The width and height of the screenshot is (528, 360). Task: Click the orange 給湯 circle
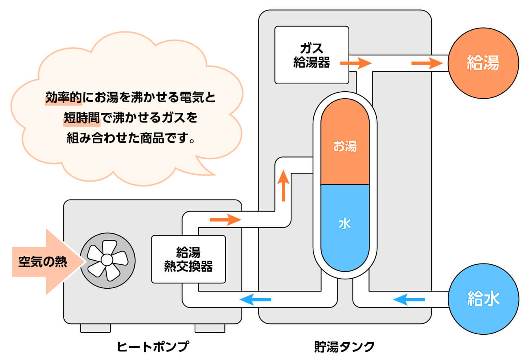(x=483, y=63)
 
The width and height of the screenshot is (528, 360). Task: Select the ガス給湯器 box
(x=312, y=55)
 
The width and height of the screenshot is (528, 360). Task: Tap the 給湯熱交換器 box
(x=188, y=259)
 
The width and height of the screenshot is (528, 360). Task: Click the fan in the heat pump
(x=106, y=259)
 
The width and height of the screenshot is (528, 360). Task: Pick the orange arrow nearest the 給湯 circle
(x=427, y=63)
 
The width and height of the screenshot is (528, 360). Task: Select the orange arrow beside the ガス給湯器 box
(x=356, y=63)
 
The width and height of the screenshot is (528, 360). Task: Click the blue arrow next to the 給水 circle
(x=409, y=300)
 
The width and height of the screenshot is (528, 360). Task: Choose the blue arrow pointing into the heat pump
(x=255, y=300)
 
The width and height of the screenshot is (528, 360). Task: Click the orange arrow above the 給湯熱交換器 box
(x=225, y=220)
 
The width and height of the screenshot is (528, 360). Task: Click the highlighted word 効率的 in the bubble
(x=64, y=98)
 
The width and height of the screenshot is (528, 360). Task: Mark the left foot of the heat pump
(x=95, y=328)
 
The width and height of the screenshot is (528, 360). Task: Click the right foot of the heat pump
(x=210, y=328)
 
